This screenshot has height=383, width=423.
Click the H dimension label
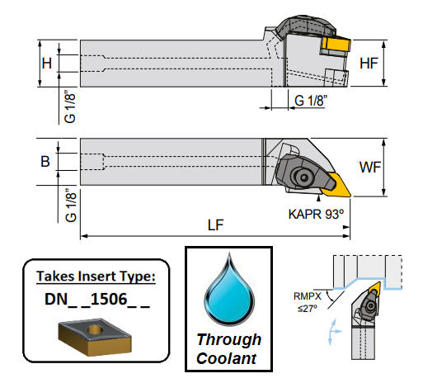pyautogui.click(x=47, y=63)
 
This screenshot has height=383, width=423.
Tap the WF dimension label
pyautogui.click(x=370, y=168)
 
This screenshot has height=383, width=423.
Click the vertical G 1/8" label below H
pyautogui.click(x=70, y=107)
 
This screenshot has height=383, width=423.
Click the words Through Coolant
pyautogui.click(x=227, y=349)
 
